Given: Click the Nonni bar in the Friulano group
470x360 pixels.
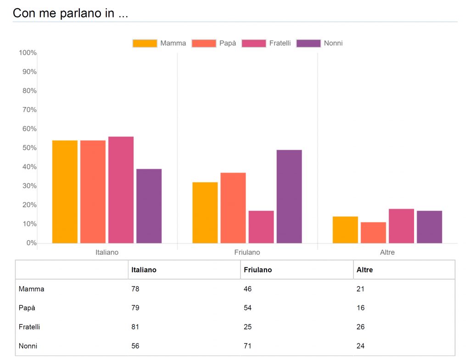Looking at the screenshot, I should [289, 197].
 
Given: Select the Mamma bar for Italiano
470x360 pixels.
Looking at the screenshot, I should [65, 191].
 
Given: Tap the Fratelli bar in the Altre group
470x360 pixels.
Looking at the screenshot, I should [401, 226].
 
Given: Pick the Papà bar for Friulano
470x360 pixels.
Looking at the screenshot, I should [233, 208].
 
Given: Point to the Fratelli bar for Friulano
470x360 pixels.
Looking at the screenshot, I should [261, 227].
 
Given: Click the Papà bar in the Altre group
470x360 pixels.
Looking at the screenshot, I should [373, 232].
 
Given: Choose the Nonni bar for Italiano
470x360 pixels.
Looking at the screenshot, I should [149, 206].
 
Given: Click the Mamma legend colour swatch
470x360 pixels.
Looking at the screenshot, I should [145, 43].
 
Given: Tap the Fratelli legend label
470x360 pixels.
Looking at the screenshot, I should [280, 43].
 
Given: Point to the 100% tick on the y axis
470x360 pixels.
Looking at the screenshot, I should [28, 53].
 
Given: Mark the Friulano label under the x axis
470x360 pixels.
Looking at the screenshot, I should [247, 253].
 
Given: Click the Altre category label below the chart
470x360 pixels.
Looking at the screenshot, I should [387, 253].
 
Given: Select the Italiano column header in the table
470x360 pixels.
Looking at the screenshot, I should [144, 270].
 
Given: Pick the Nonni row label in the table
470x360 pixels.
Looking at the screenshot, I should [28, 346].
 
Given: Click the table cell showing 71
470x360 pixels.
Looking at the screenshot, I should [248, 346].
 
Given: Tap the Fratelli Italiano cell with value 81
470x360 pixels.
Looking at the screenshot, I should [135, 327].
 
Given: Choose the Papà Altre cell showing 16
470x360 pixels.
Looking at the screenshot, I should [361, 308].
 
